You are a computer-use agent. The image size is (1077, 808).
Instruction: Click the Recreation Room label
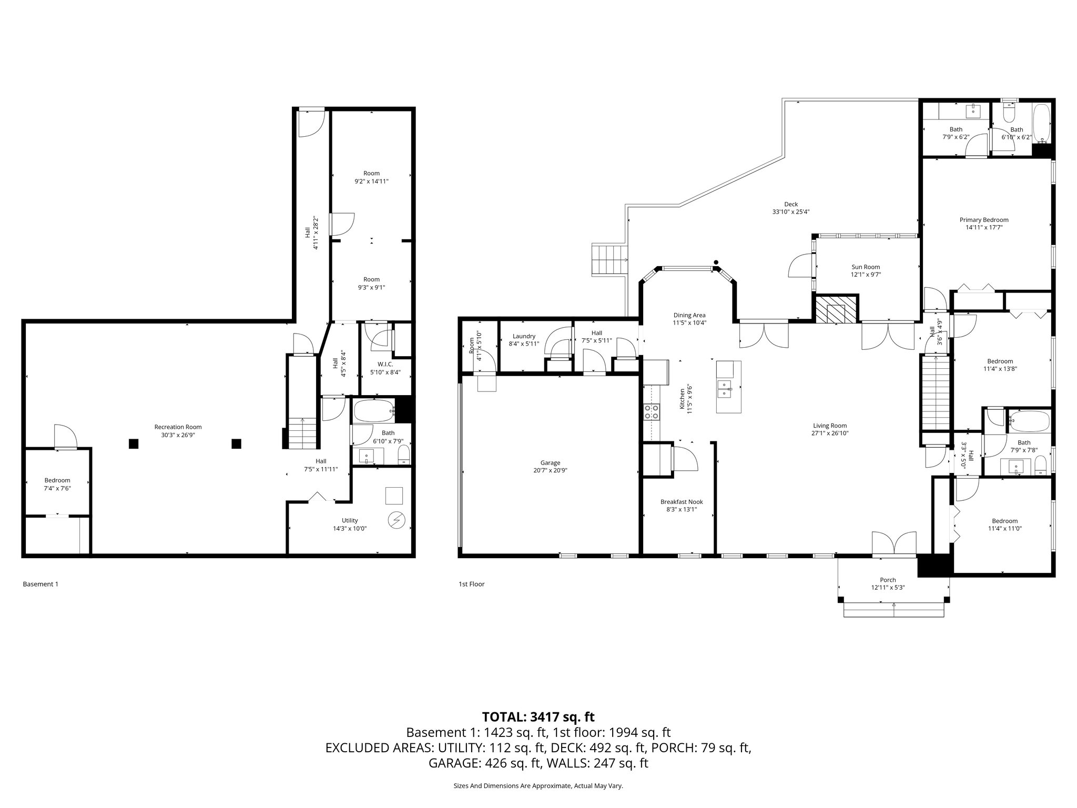(178, 427)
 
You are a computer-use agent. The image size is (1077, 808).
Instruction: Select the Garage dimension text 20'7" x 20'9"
(550, 471)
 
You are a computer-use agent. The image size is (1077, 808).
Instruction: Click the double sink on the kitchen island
(725, 389)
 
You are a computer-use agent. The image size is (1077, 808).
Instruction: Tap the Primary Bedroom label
(984, 220)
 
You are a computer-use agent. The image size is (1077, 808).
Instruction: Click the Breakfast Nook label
(682, 502)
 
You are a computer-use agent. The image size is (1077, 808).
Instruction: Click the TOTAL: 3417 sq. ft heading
(538, 716)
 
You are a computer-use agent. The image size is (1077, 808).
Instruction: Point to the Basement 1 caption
(40, 584)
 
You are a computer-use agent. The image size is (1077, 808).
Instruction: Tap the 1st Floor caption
(471, 584)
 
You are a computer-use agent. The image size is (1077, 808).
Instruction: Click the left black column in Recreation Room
(134, 443)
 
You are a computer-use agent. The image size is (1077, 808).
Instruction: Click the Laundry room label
(524, 336)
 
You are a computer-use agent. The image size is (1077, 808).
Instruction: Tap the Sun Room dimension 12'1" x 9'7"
(866, 275)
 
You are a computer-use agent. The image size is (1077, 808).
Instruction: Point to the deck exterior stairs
(610, 259)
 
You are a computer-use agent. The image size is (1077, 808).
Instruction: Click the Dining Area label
(689, 315)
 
